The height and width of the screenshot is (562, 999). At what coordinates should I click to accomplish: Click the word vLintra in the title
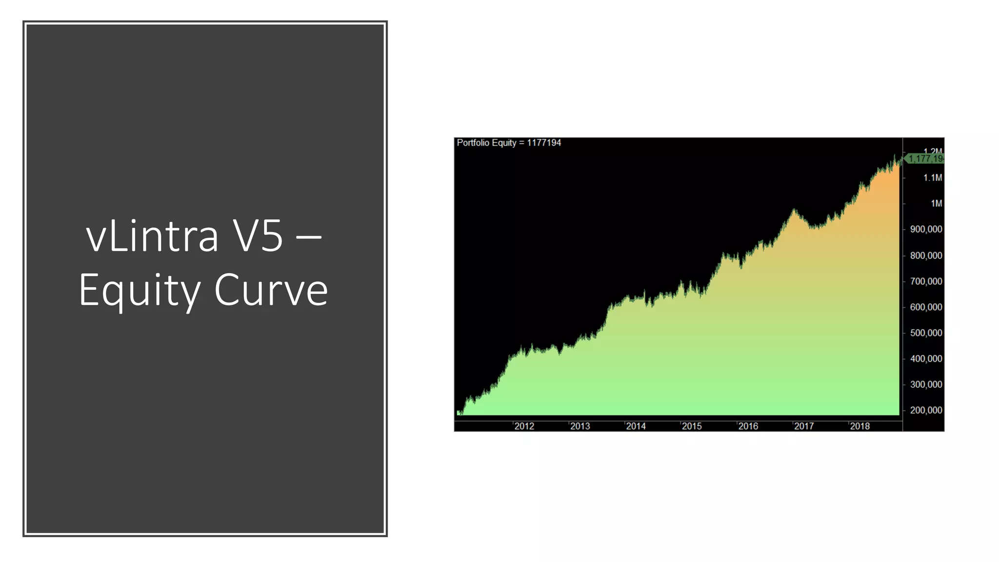tap(152, 237)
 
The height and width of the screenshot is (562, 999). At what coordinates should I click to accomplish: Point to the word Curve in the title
tap(271, 291)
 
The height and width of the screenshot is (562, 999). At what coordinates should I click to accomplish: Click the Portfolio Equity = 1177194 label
tap(509, 143)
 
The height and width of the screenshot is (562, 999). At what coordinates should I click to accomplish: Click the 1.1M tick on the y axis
tap(932, 178)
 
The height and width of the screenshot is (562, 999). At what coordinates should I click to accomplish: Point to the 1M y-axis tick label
tap(936, 203)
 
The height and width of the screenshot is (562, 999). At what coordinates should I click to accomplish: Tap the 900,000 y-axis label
tap(926, 229)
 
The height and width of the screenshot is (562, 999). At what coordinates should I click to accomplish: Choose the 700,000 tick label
tap(926, 281)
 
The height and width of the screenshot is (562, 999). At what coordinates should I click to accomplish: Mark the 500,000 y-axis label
tap(926, 333)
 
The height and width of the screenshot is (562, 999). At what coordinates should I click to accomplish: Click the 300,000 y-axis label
tap(926, 385)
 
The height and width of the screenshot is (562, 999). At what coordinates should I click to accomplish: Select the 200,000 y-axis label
tap(926, 411)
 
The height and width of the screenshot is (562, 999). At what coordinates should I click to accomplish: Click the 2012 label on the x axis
tap(524, 426)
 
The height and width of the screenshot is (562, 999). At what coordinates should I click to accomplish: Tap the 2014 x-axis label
tap(636, 426)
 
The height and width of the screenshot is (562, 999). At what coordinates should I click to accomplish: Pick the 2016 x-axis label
tap(748, 426)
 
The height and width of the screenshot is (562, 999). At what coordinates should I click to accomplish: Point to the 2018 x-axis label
tap(859, 426)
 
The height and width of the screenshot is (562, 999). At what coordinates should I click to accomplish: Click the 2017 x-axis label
tap(804, 426)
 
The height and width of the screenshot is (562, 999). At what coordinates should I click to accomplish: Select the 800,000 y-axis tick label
tap(926, 256)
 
